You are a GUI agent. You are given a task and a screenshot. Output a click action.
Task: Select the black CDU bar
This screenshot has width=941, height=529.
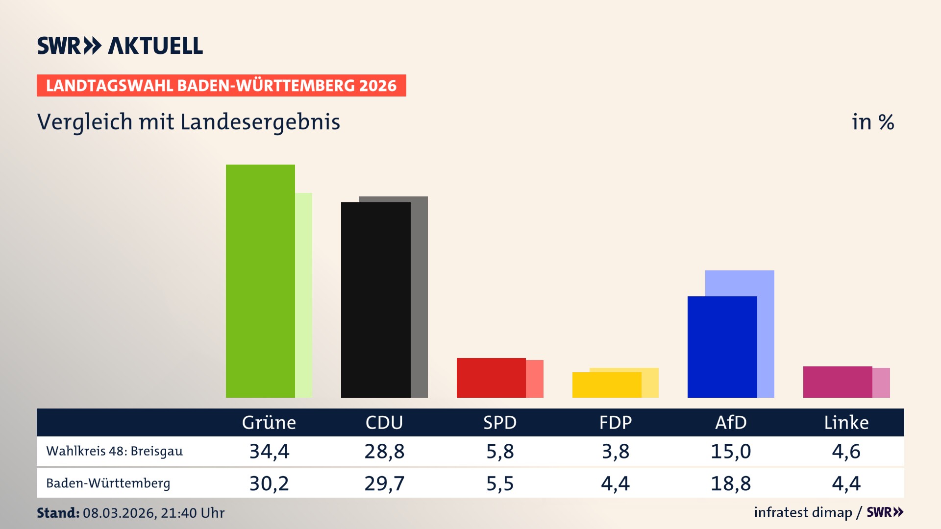tap(375, 300)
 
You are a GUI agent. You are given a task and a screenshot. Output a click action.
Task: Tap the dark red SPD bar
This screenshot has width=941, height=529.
tap(491, 378)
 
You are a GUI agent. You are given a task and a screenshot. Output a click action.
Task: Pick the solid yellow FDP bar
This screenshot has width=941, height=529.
tap(607, 385)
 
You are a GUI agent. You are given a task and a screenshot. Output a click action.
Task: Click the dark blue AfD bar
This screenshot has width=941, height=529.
tap(722, 347)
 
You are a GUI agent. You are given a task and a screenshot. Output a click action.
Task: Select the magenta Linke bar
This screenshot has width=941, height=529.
tap(838, 382)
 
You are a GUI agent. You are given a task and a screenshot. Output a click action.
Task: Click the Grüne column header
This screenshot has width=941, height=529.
tap(269, 422)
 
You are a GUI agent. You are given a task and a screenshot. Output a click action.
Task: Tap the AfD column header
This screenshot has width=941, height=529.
tap(731, 422)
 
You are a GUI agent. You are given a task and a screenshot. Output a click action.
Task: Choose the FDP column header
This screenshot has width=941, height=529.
tap(616, 422)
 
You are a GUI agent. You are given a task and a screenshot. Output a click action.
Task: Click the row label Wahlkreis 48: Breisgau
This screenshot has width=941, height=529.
tap(114, 451)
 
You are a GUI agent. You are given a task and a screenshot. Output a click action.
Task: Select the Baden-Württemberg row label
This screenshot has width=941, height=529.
tap(108, 483)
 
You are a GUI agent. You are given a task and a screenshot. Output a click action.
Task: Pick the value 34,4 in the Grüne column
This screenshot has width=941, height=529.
tap(269, 451)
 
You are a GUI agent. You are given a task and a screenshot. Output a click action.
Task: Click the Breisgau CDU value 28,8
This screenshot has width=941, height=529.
tap(384, 451)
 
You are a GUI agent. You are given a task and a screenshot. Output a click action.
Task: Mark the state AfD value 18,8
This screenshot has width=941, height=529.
tap(731, 483)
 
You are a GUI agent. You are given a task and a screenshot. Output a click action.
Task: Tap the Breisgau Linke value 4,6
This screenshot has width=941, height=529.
tap(846, 451)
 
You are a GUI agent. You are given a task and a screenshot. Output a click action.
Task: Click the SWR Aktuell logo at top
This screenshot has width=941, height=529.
tap(120, 46)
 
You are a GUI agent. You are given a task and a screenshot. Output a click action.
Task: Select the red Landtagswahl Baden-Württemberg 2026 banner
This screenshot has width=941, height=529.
tap(221, 86)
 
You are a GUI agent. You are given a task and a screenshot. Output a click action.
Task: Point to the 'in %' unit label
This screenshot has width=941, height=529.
tap(872, 122)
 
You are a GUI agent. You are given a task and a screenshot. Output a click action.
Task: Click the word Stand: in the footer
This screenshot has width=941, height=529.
tap(58, 513)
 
